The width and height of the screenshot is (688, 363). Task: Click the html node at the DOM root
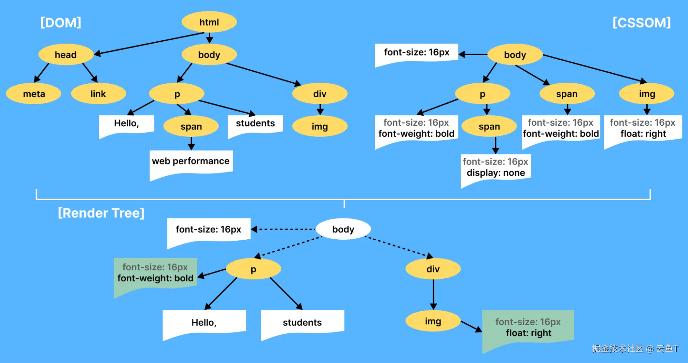click(x=209, y=22)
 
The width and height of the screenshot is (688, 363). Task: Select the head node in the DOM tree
click(x=66, y=54)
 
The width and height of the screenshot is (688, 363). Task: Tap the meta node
click(x=34, y=94)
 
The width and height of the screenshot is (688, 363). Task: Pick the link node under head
click(x=98, y=94)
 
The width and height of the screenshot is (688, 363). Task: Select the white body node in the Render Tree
click(x=343, y=229)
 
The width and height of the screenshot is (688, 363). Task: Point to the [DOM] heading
click(x=61, y=23)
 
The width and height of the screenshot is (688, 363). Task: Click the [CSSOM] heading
click(x=642, y=23)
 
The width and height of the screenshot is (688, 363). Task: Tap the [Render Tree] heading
click(x=101, y=213)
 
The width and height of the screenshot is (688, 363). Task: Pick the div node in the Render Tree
click(x=433, y=269)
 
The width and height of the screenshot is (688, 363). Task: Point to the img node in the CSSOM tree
click(x=647, y=94)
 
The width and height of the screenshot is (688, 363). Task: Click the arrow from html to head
click(x=149, y=43)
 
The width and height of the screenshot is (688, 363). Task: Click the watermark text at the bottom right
click(x=635, y=349)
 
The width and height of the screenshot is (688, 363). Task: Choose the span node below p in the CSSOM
click(x=489, y=126)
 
